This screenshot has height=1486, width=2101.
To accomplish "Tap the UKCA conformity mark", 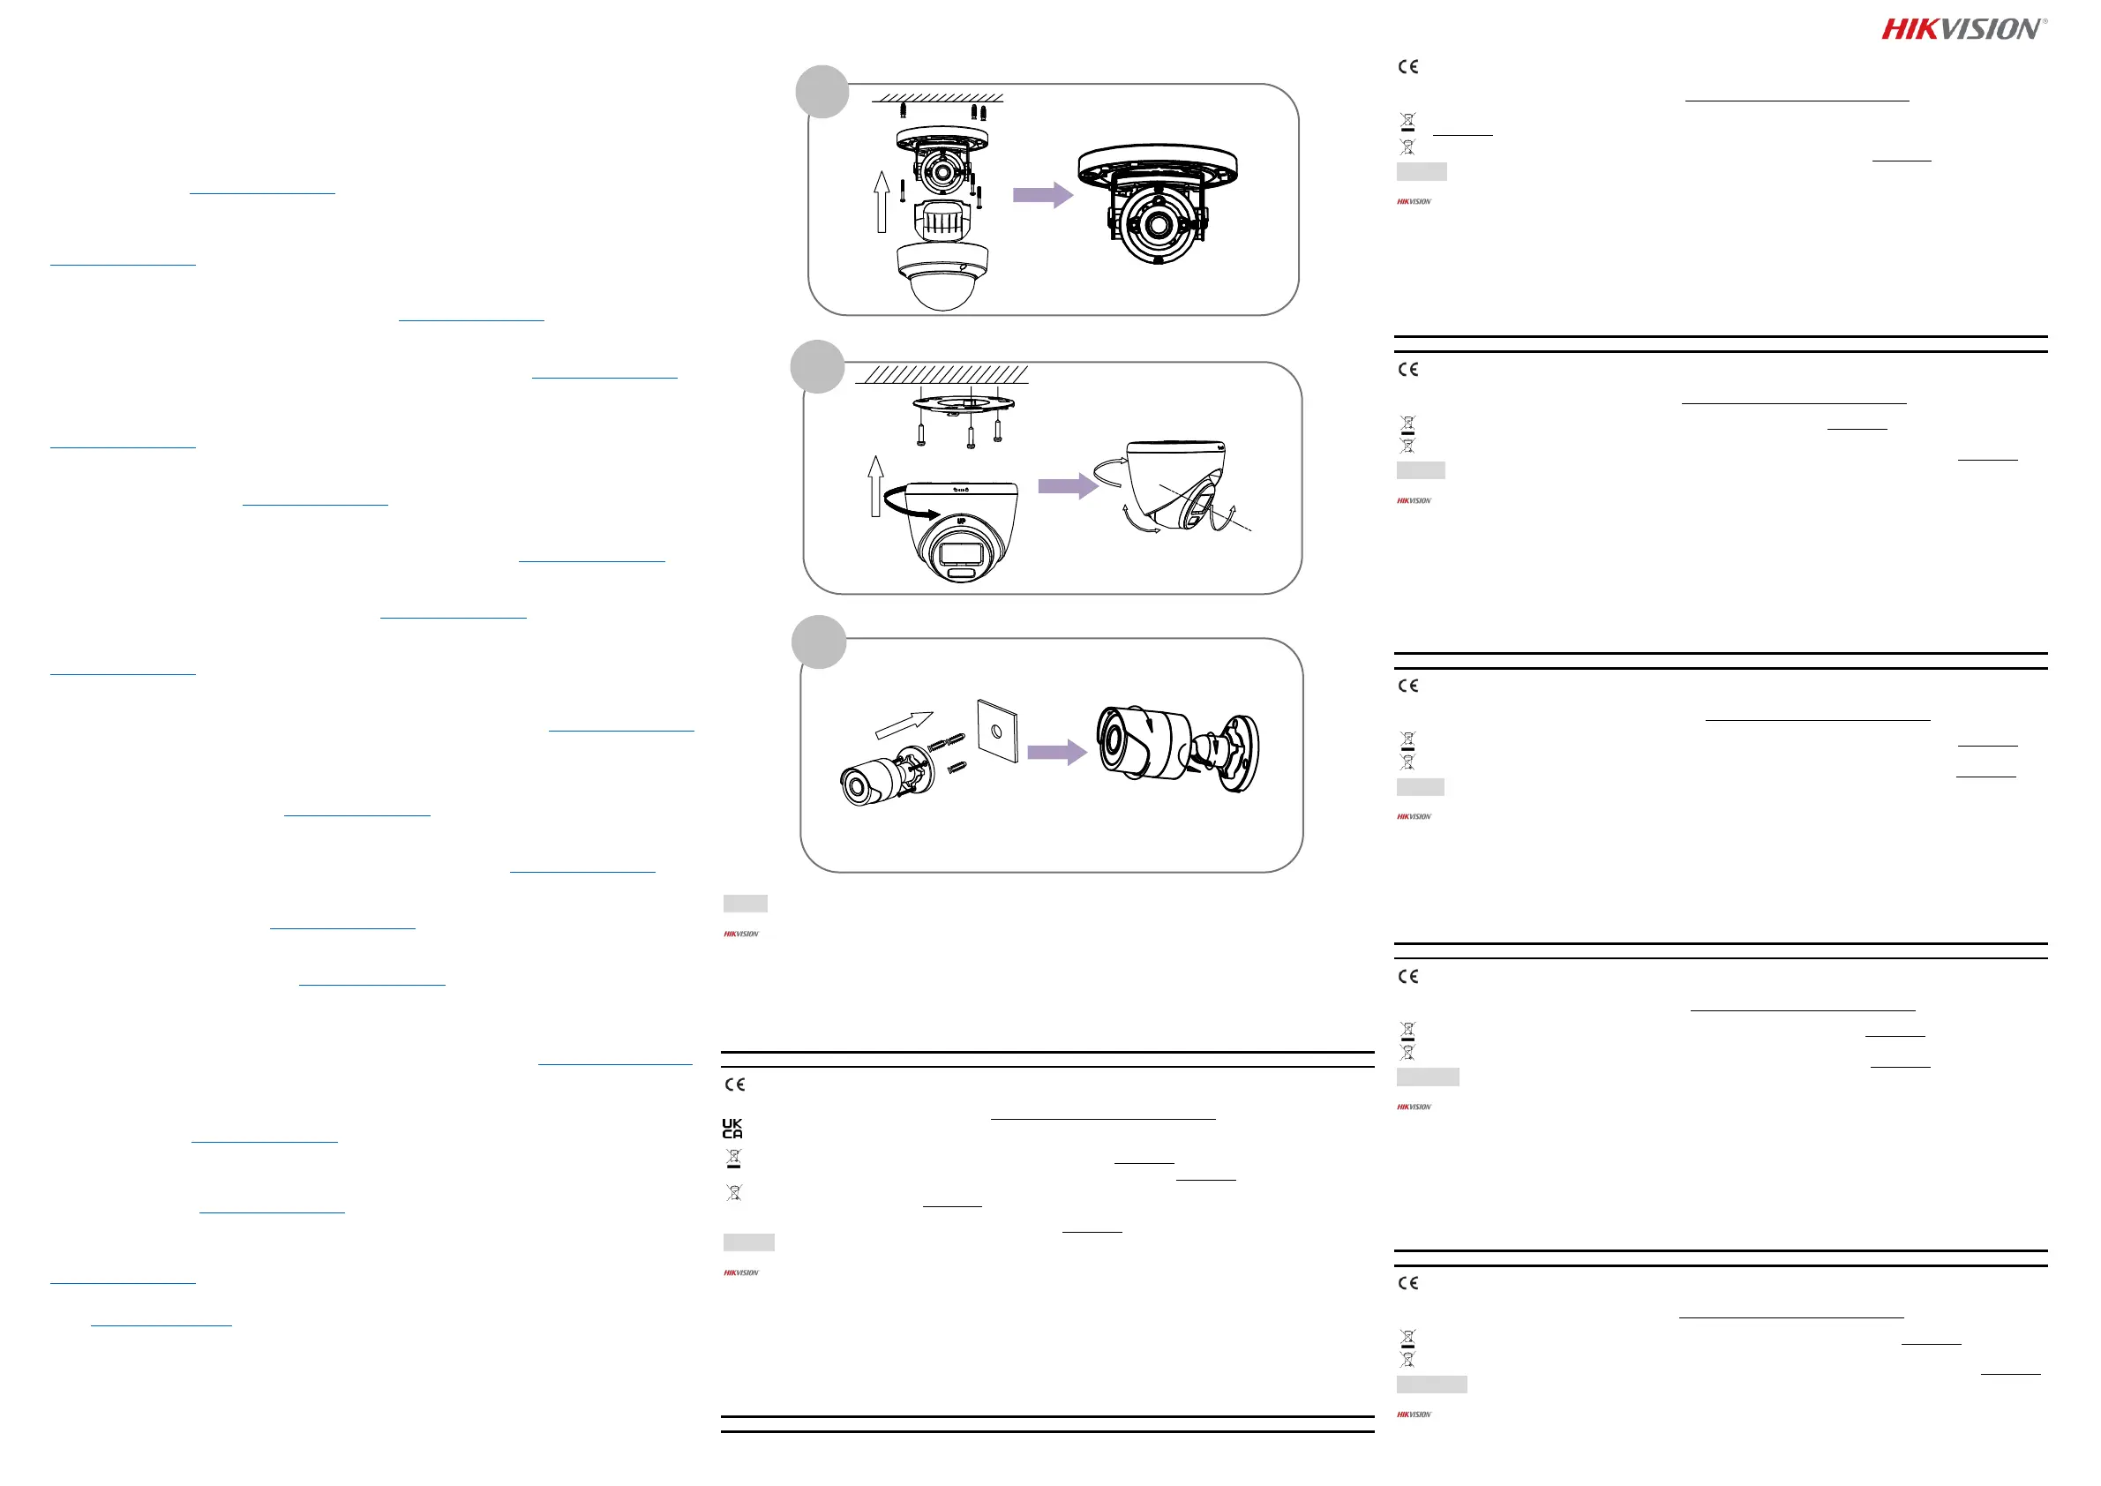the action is pyautogui.click(x=732, y=1129).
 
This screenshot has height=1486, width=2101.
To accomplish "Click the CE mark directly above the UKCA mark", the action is pyautogui.click(x=735, y=1084).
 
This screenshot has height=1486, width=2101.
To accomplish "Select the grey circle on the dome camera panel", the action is pyautogui.click(x=822, y=92).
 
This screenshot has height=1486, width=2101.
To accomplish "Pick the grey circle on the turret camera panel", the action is pyautogui.click(x=816, y=367).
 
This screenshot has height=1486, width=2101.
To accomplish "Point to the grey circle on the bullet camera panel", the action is pyautogui.click(x=818, y=642).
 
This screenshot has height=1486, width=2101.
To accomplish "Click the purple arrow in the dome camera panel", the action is pyautogui.click(x=1042, y=195).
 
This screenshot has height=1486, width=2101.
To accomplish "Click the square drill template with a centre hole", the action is pyautogui.click(x=996, y=732).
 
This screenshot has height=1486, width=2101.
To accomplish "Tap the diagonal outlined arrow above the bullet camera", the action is pyautogui.click(x=904, y=724).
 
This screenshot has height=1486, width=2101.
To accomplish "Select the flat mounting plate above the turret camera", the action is pyautogui.click(x=963, y=402).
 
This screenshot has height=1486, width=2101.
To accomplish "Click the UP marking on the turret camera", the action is pyautogui.click(x=961, y=522).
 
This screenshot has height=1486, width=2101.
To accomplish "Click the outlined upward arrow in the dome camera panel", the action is pyautogui.click(x=882, y=202).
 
